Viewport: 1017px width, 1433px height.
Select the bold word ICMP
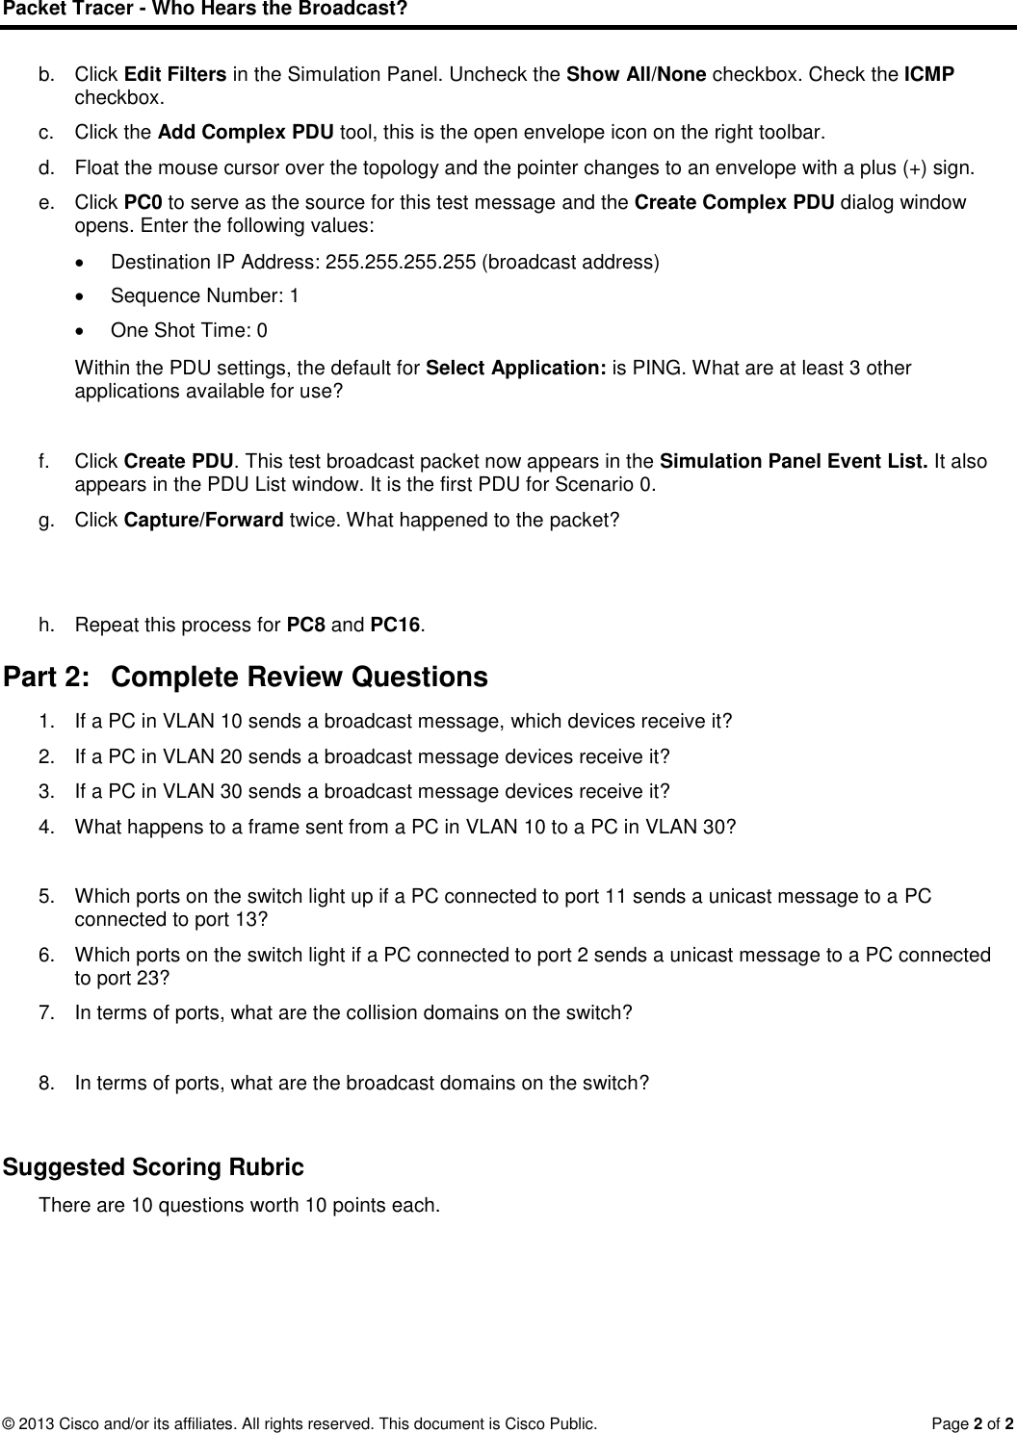pyautogui.click(x=929, y=75)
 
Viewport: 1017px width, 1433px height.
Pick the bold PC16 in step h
pyautogui.click(x=396, y=626)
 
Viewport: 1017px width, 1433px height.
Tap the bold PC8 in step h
pyautogui.click(x=307, y=626)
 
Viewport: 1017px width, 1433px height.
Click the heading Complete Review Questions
pyautogui.click(x=300, y=678)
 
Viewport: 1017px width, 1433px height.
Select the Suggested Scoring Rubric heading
pyautogui.click(x=153, y=1168)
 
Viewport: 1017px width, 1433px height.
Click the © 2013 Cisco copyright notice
pyautogui.click(x=300, y=1422)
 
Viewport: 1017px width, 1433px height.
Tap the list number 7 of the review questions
pyautogui.click(x=44, y=1012)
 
